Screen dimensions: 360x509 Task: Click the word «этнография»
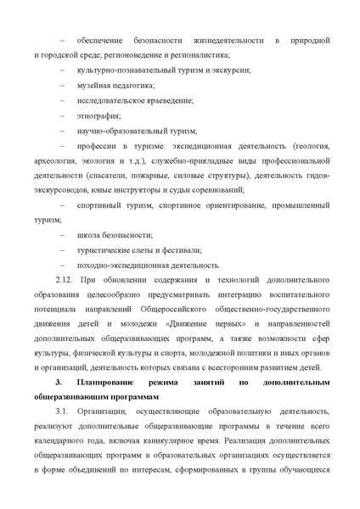click(98, 115)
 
